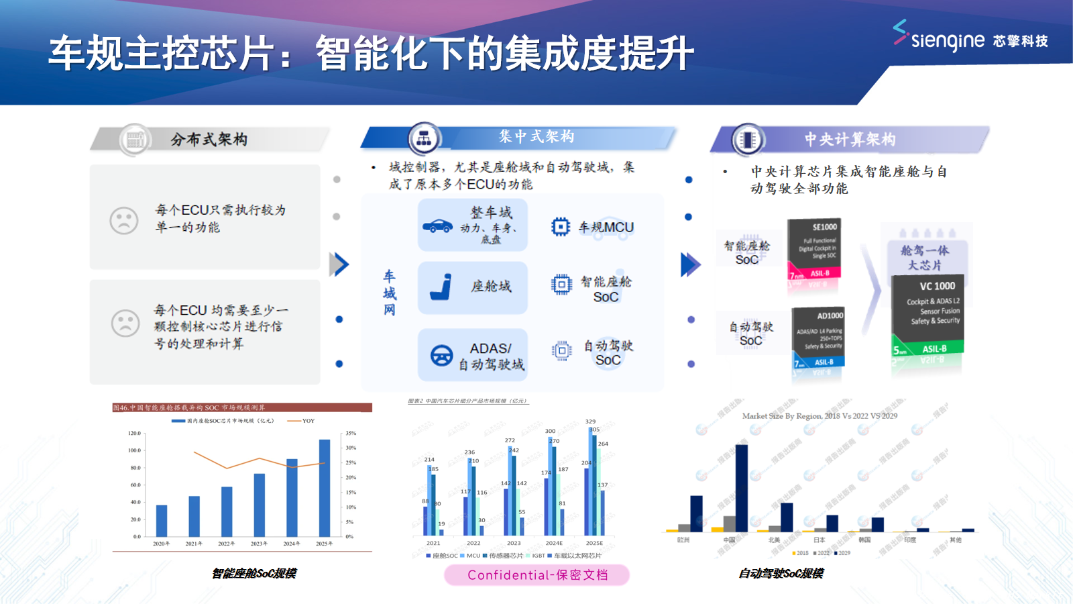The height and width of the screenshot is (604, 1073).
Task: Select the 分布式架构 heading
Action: (209, 140)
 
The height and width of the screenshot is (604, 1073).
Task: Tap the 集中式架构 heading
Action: (536, 137)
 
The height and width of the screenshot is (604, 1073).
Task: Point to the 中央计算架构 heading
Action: (850, 140)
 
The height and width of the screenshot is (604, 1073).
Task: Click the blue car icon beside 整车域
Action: (437, 226)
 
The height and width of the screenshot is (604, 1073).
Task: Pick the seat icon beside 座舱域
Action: (441, 287)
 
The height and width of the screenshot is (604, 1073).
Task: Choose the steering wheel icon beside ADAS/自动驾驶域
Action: (441, 355)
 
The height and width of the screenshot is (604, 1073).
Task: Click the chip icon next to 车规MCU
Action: (561, 227)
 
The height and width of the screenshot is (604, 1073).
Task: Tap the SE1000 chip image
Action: (814, 250)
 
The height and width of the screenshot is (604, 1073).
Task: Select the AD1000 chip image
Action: (818, 339)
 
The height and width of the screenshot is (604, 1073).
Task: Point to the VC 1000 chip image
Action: (928, 315)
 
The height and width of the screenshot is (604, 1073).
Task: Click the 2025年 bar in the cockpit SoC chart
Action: (325, 488)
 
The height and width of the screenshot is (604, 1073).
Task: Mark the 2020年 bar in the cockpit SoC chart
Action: (162, 521)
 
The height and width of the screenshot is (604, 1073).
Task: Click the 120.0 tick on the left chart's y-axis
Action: (135, 434)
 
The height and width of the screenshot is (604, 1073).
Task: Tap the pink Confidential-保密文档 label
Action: (536, 575)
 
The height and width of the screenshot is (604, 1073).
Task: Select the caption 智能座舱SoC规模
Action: (253, 573)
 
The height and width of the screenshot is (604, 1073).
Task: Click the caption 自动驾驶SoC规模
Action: (781, 573)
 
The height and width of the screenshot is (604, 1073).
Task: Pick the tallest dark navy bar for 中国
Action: (741, 488)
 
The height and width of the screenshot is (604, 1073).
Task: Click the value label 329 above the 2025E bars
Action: (590, 421)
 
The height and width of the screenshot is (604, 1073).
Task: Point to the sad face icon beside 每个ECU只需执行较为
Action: (124, 220)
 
